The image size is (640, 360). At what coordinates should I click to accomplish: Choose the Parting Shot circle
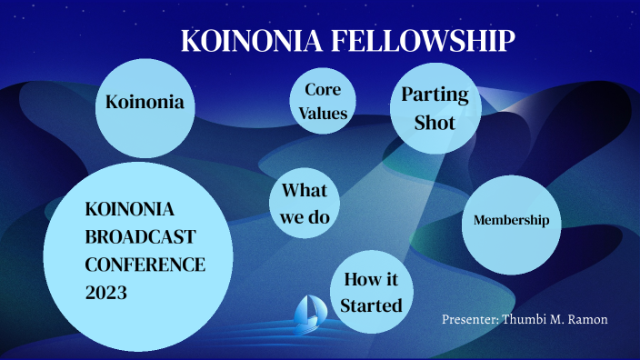click(435, 107)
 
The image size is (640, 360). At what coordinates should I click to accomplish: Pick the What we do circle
click(305, 204)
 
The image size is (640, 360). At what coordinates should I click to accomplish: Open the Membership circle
click(511, 221)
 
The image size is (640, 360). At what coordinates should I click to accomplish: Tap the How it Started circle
click(371, 293)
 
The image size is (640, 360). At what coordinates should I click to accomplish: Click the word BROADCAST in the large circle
click(140, 236)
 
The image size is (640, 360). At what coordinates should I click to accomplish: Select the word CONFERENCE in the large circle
click(145, 265)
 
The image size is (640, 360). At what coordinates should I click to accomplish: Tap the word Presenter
click(469, 319)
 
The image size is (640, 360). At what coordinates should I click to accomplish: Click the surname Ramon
click(586, 319)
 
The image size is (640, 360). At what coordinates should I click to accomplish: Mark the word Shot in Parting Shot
click(435, 122)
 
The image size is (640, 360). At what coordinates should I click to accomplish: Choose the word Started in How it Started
click(371, 305)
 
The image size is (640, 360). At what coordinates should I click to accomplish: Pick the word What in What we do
click(305, 191)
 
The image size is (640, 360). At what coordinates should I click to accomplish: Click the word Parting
click(435, 95)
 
